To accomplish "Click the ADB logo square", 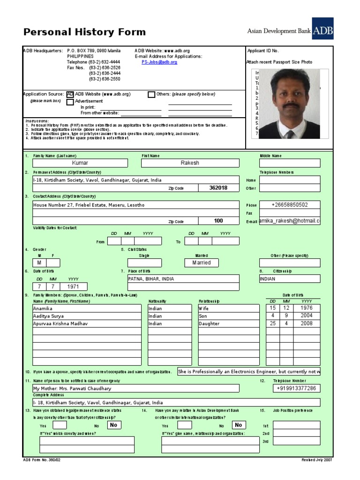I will click(x=322, y=29).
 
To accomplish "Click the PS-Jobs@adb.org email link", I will click(x=159, y=62).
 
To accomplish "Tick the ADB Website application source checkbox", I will click(x=70, y=94).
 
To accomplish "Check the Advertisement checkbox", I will click(x=70, y=102).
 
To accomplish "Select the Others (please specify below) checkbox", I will click(x=151, y=94).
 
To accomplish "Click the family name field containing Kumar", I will click(x=80, y=163).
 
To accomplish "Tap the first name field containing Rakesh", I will click(x=190, y=163).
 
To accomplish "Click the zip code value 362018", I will click(x=218, y=188).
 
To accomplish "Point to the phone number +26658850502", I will click(x=290, y=205).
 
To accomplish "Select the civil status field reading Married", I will click(x=202, y=263).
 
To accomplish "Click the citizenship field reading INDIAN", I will click(x=289, y=278).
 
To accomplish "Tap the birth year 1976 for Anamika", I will click(x=307, y=308).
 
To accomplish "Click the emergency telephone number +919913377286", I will click(x=296, y=388).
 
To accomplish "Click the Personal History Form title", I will click(x=85, y=32).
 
